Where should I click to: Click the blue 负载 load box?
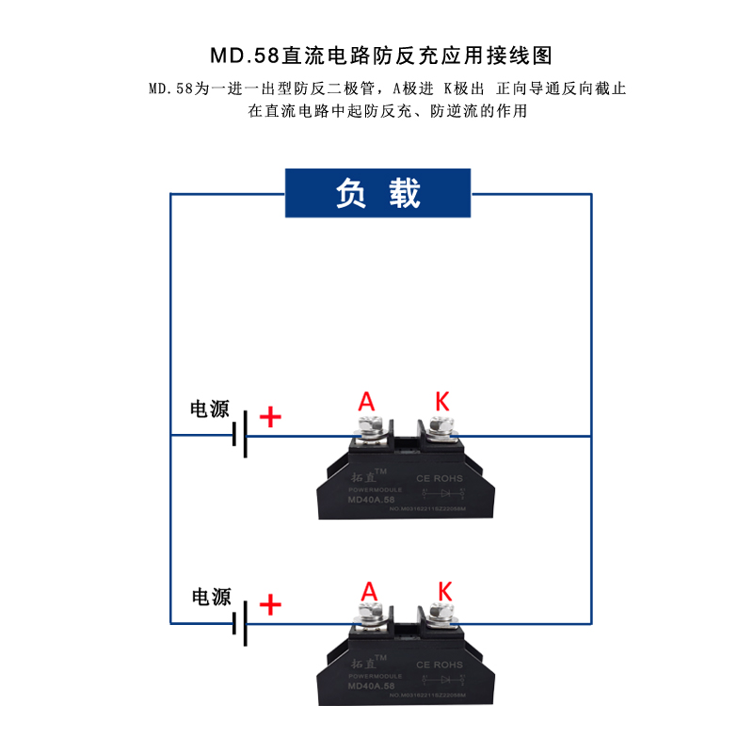(377, 193)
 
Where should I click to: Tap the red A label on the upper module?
(366, 402)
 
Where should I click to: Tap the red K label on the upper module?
(441, 401)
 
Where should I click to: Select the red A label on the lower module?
(369, 591)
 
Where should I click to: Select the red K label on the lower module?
(445, 591)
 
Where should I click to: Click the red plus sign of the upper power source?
(270, 417)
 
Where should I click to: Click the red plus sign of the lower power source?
(270, 604)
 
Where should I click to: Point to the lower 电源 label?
(211, 597)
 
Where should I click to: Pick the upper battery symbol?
(241, 434)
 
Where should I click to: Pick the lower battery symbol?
(241, 622)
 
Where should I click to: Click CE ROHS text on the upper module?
(441, 478)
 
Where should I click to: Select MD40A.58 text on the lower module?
(370, 687)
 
